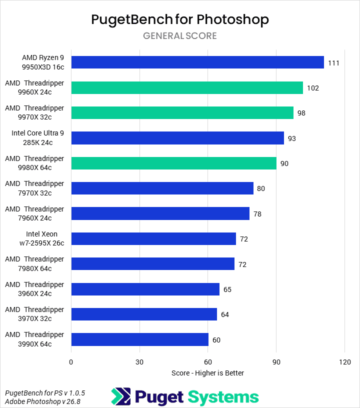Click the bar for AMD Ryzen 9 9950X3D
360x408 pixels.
click(x=197, y=62)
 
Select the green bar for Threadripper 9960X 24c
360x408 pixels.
click(x=187, y=87)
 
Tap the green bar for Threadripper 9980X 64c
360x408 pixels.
click(x=173, y=163)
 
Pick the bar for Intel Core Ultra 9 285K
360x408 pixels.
click(x=177, y=138)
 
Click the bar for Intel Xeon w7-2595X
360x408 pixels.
click(x=153, y=239)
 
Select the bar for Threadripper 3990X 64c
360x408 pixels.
click(x=140, y=339)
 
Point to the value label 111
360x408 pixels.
click(x=334, y=62)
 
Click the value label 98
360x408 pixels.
click(x=301, y=113)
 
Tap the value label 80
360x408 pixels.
click(x=261, y=188)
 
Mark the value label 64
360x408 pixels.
click(x=224, y=314)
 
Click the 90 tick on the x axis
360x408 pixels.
click(x=276, y=361)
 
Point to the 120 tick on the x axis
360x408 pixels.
click(x=344, y=361)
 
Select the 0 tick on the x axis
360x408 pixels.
click(x=71, y=361)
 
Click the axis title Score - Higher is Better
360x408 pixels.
click(x=207, y=373)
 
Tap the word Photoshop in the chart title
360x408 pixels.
click(x=232, y=19)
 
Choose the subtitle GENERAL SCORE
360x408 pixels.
click(x=180, y=35)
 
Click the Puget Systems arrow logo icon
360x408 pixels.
click(x=120, y=397)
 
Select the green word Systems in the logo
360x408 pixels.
click(x=223, y=397)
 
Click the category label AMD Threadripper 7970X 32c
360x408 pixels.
click(x=35, y=188)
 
